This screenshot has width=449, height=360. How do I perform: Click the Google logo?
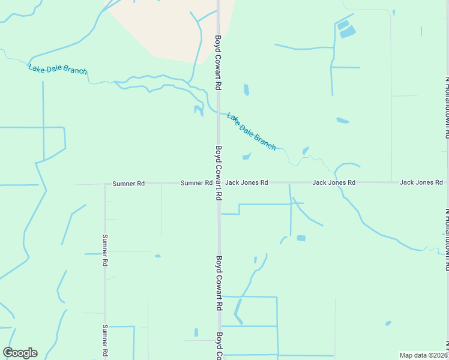(20, 353)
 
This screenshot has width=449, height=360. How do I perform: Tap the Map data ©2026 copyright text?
(423, 355)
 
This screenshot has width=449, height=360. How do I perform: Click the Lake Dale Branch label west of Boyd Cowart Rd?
(58, 69)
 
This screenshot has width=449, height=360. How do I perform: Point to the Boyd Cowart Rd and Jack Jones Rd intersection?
(218, 182)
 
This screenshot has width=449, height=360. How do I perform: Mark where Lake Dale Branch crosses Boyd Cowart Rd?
(218, 112)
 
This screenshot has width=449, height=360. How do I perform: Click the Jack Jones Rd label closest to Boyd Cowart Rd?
(246, 182)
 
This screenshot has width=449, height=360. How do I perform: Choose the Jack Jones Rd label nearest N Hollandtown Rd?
(421, 182)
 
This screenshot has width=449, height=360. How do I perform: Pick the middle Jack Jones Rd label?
(334, 182)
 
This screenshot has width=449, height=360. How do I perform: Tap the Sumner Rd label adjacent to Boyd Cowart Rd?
(196, 182)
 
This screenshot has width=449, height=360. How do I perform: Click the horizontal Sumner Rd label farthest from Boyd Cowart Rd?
(128, 183)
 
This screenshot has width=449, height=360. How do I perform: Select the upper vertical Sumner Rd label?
(105, 250)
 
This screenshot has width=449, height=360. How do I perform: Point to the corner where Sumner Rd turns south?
(105, 184)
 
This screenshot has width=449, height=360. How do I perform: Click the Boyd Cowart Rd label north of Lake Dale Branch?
(218, 63)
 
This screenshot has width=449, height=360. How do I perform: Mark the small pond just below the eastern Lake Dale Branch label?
(247, 157)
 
